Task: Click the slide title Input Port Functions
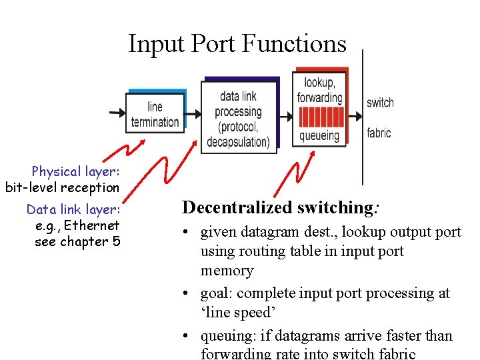pyautogui.click(x=237, y=44)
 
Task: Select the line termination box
pyautogui.click(x=154, y=114)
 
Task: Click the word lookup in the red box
pyautogui.click(x=319, y=82)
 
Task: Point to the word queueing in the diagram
pyautogui.click(x=319, y=136)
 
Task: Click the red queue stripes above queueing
pyautogui.click(x=320, y=117)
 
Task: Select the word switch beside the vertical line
pyautogui.click(x=380, y=103)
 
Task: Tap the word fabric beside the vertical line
pyautogui.click(x=379, y=133)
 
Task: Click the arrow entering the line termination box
pyautogui.click(x=115, y=114)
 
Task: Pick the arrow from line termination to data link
pyautogui.click(x=193, y=114)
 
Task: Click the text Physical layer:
pyautogui.click(x=75, y=172)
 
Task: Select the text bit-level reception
pyautogui.click(x=62, y=188)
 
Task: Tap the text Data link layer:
pyautogui.click(x=73, y=210)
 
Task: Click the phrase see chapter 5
pyautogui.click(x=77, y=241)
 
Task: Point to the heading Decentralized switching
pyautogui.click(x=281, y=207)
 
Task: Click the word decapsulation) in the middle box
pyautogui.click(x=238, y=142)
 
